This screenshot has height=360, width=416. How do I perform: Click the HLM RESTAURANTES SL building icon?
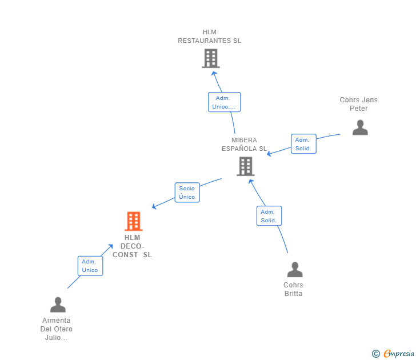[210, 58]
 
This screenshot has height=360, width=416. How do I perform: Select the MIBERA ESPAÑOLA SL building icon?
[245, 166]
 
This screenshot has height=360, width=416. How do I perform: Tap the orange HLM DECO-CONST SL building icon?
[133, 221]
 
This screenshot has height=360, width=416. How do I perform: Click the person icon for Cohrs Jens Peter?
[360, 127]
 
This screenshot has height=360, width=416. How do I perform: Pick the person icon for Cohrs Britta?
[295, 269]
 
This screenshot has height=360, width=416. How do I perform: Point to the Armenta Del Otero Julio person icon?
[58, 305]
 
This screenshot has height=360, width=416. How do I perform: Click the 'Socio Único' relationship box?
[187, 193]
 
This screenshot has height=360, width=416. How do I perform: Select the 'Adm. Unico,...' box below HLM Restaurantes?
[224, 102]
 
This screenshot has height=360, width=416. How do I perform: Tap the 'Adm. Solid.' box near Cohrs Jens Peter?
[303, 144]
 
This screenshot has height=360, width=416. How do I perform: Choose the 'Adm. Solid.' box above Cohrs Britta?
[269, 216]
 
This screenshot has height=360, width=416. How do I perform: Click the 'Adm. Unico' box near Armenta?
[90, 266]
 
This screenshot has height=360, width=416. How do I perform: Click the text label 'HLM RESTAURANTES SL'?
[209, 37]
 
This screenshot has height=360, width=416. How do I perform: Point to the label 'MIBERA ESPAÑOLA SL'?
[244, 145]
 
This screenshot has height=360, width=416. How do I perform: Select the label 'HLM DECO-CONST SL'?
[132, 246]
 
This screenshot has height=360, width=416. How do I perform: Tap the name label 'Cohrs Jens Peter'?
[358, 104]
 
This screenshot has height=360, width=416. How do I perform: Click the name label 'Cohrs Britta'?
[293, 289]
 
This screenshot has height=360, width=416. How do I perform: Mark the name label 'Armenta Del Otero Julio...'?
[57, 329]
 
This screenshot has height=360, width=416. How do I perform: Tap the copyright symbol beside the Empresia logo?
[375, 354]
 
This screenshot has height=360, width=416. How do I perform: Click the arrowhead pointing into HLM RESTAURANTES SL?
[214, 73]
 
